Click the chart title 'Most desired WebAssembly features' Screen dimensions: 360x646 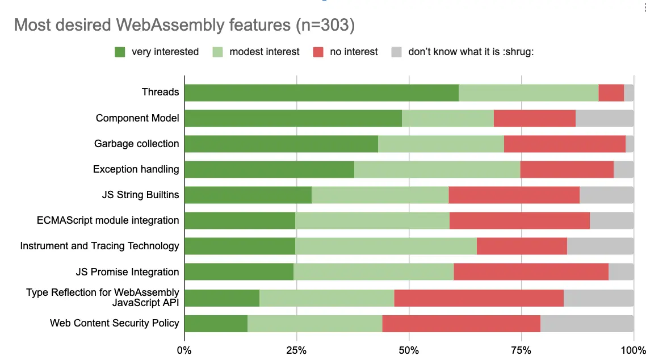(x=184, y=26)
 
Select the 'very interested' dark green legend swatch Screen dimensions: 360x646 (x=120, y=52)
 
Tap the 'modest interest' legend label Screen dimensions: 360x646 (x=264, y=52)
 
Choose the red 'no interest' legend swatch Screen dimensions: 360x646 (x=318, y=52)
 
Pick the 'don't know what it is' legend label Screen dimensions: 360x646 (x=471, y=52)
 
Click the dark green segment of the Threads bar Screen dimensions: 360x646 (x=321, y=93)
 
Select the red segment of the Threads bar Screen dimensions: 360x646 (x=611, y=93)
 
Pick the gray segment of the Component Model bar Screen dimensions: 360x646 (x=604, y=118)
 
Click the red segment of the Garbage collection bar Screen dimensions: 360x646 (x=564, y=144)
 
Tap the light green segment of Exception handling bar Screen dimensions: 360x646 (x=437, y=169)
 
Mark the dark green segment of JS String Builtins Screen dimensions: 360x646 (x=248, y=195)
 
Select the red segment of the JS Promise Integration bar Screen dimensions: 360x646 (x=531, y=272)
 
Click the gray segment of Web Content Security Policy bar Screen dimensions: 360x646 (x=587, y=323)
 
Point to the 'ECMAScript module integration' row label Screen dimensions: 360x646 (x=108, y=220)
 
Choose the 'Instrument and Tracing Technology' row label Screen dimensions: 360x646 (x=100, y=246)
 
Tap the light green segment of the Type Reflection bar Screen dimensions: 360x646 (x=326, y=298)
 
